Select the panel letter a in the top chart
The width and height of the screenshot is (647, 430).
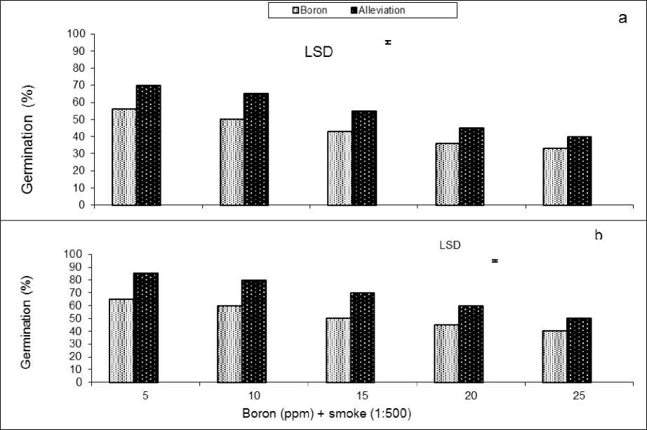click(622, 18)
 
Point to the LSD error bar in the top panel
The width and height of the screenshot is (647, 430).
click(387, 42)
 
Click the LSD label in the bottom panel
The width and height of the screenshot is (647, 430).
click(449, 245)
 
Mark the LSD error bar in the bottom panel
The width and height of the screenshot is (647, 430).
click(495, 261)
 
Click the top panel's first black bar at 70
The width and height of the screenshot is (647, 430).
click(148, 145)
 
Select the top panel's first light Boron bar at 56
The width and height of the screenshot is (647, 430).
click(124, 157)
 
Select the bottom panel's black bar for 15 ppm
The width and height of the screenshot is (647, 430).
click(363, 338)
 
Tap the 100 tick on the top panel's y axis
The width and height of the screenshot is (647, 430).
click(81, 34)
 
